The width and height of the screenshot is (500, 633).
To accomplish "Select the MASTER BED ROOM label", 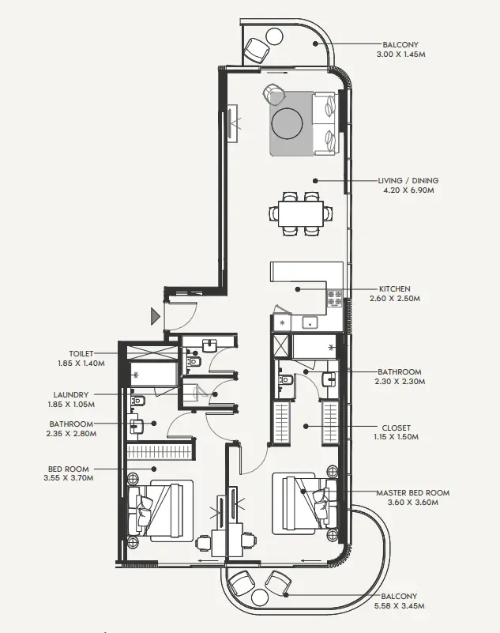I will pos(412,492).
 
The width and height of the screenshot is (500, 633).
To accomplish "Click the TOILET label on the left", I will pos(81,353).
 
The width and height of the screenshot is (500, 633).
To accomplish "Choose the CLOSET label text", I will pos(396,428).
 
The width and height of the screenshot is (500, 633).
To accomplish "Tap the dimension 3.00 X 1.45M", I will pos(402,55).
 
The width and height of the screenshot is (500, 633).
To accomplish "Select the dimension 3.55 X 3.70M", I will pos(71,478).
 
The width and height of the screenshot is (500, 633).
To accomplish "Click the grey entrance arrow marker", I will pos(156,318).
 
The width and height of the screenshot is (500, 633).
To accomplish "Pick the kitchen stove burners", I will pos(335,299).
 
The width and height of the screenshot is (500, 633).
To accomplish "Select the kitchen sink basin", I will pos(310,322).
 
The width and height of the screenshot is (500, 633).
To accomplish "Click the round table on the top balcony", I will pos(275,36).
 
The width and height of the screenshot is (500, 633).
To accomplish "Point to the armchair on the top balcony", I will pos(256,51).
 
